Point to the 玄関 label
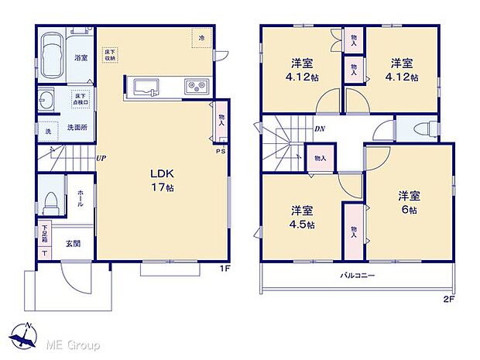coord(73,243)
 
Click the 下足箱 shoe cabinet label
coord(44,231)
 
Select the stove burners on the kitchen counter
coord(193,86)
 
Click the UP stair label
coord(101,159)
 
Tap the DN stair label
coord(319,130)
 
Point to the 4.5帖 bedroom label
coord(303,218)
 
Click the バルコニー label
coord(357,276)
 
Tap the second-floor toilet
coord(422,130)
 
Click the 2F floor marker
coord(448,298)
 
